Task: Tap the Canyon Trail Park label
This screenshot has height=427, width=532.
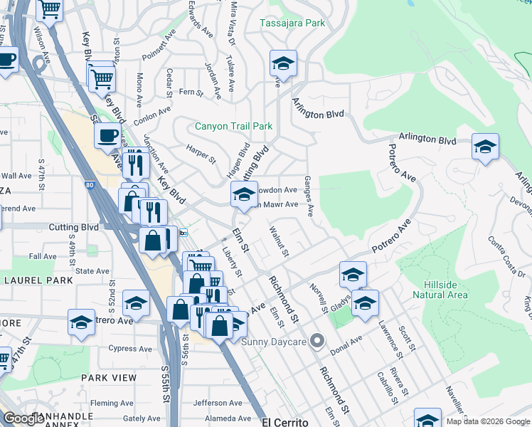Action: [x=234, y=127]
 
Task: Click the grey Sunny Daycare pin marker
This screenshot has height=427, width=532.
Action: [x=317, y=342]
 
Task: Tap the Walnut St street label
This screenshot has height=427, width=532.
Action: [x=280, y=241]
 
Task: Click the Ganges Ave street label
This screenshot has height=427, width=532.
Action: [x=309, y=196]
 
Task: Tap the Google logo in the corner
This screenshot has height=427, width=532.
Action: [x=24, y=418]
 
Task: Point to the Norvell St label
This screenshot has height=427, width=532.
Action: [x=318, y=297]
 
